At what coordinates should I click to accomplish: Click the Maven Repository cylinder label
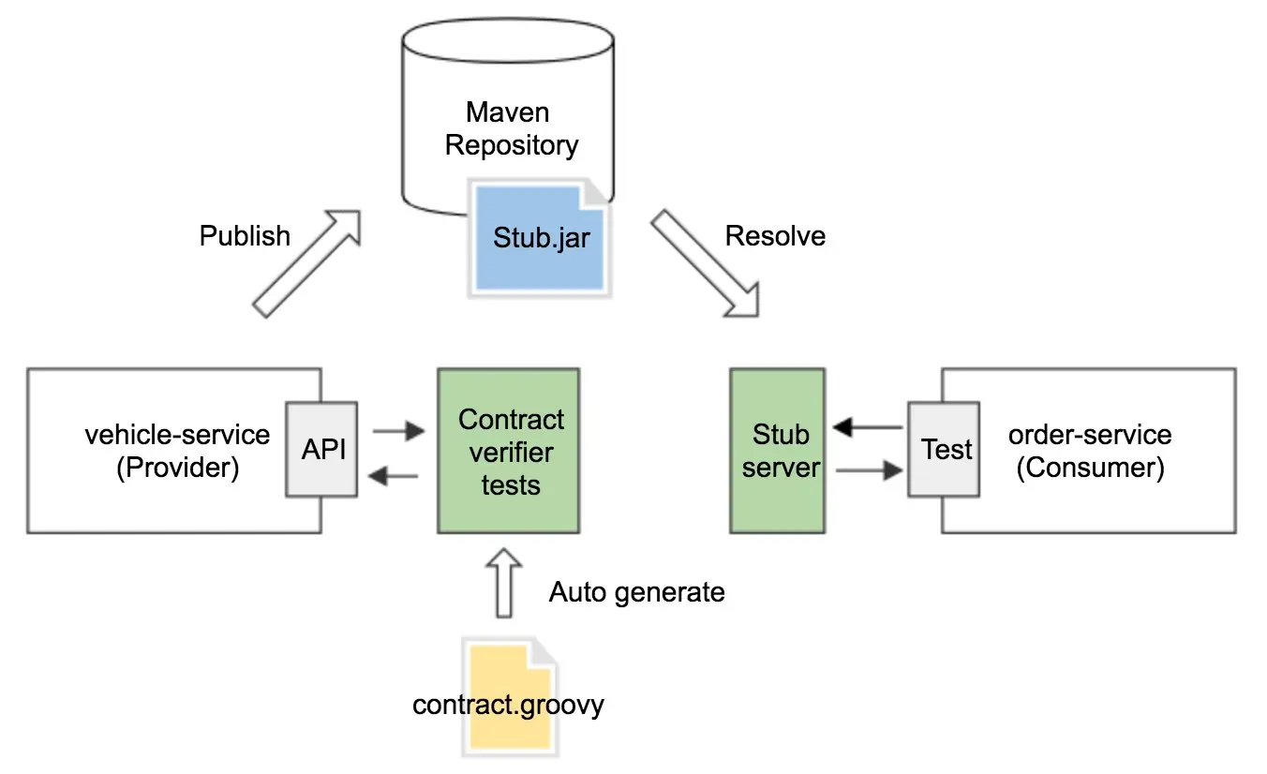click(511, 129)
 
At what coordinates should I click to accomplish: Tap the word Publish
click(245, 235)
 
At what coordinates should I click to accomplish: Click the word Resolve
click(775, 235)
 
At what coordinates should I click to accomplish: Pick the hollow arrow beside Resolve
click(705, 263)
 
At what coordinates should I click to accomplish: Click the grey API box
click(323, 450)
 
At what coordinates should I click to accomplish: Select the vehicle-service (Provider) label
click(177, 451)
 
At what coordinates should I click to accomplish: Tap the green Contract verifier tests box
click(509, 452)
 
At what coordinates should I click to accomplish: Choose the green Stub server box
click(778, 451)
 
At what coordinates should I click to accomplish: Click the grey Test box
click(945, 450)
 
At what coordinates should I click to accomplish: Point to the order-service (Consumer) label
click(1090, 451)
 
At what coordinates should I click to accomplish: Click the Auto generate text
click(636, 592)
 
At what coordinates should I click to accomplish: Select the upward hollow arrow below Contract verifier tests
click(504, 583)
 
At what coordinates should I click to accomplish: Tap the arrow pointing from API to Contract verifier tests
click(397, 432)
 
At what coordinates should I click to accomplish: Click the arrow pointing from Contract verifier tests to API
click(394, 477)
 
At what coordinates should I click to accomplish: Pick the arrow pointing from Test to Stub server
click(867, 428)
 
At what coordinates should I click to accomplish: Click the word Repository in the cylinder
click(511, 146)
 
